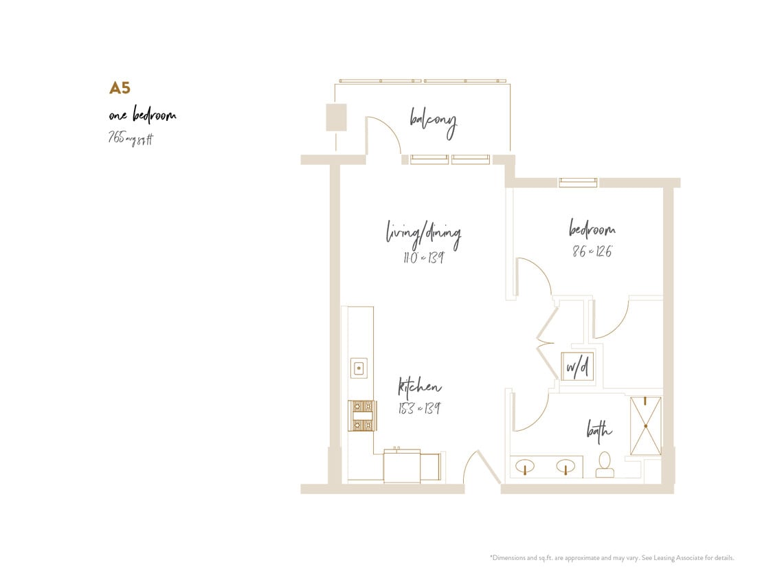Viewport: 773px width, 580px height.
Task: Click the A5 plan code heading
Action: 120,88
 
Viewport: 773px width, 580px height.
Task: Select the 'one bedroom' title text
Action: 142,115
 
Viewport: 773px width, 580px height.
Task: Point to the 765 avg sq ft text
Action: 131,138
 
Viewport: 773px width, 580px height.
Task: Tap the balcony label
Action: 433,123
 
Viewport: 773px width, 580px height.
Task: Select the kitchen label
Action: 420,388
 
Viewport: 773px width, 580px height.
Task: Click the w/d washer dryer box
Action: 576,367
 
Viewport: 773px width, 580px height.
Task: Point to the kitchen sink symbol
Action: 359,368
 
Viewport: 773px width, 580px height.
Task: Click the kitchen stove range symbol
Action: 362,415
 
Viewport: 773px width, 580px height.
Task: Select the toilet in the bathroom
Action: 605,465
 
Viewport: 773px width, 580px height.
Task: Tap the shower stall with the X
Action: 645,425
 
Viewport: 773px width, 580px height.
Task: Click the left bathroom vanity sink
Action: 526,467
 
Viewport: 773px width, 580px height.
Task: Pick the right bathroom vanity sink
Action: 565,467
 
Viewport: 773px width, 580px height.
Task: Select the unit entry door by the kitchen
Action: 480,468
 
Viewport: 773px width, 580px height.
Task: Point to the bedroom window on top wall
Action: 577,182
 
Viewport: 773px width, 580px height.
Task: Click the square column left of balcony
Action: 335,117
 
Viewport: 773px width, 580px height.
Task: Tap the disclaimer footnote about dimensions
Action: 612,557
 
